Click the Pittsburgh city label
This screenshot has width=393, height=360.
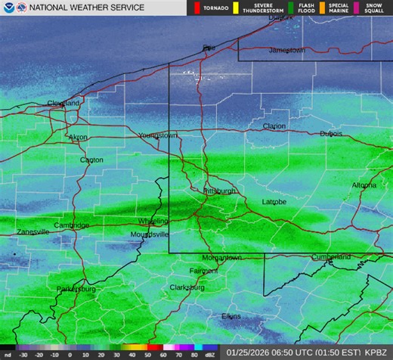coord(220,191)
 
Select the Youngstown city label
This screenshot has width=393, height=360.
coord(158,135)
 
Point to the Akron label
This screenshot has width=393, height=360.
coord(78,138)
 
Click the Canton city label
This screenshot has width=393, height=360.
coord(91,160)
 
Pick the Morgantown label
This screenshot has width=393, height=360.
coord(221,258)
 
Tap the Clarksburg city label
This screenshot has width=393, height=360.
coord(187,287)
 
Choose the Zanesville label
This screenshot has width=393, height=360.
coord(33,231)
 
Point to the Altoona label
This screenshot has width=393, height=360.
coord(365,185)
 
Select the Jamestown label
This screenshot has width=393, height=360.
coord(287,50)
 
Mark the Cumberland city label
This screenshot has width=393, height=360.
coord(331,257)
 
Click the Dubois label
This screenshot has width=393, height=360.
coord(331,134)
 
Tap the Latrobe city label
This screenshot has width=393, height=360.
coord(274,202)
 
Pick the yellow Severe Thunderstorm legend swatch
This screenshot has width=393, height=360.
coord(235,8)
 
